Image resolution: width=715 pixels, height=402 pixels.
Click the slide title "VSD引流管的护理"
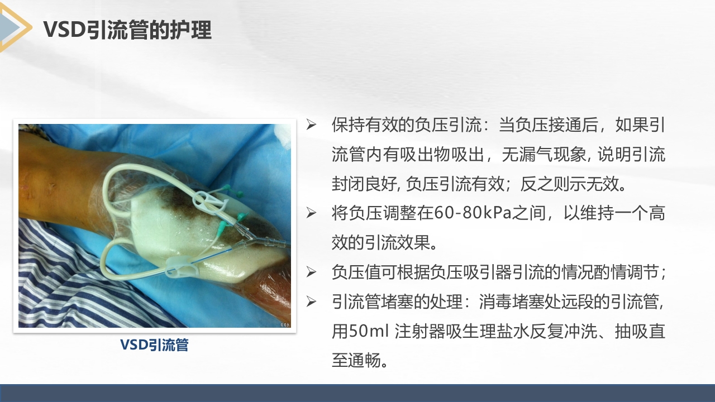[127, 30]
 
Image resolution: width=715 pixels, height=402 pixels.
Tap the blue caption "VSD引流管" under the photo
[154, 345]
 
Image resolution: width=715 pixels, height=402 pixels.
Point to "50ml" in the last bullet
[366, 331]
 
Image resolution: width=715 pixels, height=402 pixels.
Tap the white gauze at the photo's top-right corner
[284, 135]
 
